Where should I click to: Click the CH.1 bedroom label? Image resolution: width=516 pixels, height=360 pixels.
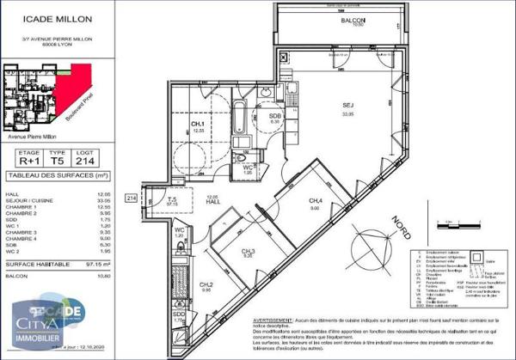coord(198,125)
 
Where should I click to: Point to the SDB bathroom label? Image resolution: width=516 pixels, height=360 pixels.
coord(275,116)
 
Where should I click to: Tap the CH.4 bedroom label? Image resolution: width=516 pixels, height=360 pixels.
coord(316,202)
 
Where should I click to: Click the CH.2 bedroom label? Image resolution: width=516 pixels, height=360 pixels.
coord(206,286)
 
